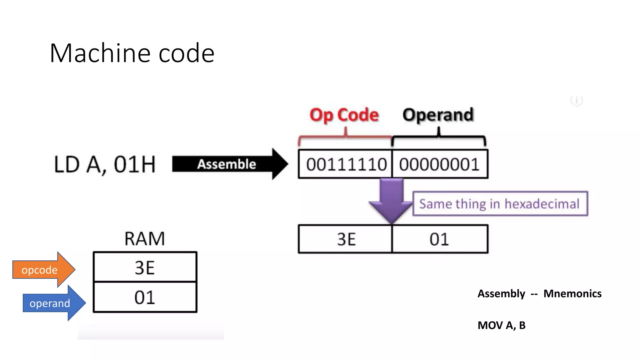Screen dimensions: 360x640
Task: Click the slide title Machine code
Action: pyautogui.click(x=132, y=53)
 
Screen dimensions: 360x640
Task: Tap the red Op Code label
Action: pyautogui.click(x=344, y=115)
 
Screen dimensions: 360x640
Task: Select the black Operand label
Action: pyautogui.click(x=438, y=115)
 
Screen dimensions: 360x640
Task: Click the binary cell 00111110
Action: pyautogui.click(x=346, y=164)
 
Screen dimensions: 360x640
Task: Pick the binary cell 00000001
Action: pyautogui.click(x=439, y=164)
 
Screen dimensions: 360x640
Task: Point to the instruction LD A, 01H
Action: pyautogui.click(x=105, y=164)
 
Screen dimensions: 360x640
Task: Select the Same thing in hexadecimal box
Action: pyautogui.click(x=500, y=204)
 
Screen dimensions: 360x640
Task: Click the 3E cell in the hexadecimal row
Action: pyautogui.click(x=346, y=239)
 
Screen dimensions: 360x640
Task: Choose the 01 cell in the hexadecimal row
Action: pyautogui.click(x=439, y=239)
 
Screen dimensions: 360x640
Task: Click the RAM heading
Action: pyautogui.click(x=144, y=239)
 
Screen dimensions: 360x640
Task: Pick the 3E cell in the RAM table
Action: pyautogui.click(x=145, y=267)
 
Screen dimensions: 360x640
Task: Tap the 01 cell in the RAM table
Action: pyautogui.click(x=145, y=297)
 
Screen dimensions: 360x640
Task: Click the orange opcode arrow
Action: pyautogui.click(x=42, y=270)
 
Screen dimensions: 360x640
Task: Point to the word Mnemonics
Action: pyautogui.click(x=572, y=294)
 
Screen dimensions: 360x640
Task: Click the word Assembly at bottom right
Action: pyautogui.click(x=501, y=294)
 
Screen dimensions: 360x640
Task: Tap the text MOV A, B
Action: pyautogui.click(x=501, y=325)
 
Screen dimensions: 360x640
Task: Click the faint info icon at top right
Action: pyautogui.click(x=576, y=101)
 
